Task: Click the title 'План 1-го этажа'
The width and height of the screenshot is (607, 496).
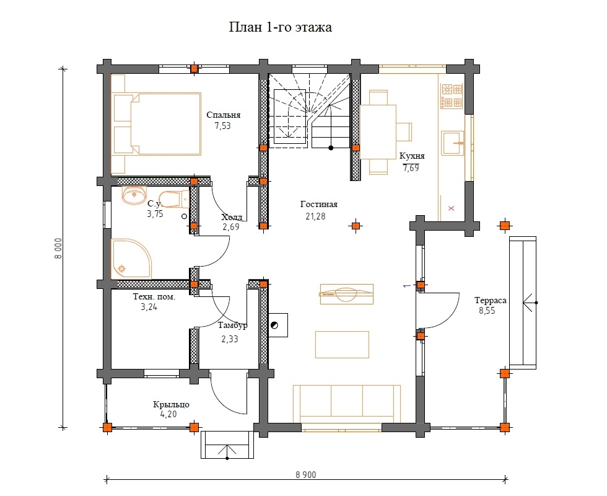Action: (x=280, y=27)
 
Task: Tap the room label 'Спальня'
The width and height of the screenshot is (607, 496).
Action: (x=224, y=115)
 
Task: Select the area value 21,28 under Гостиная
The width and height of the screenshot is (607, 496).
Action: (x=315, y=216)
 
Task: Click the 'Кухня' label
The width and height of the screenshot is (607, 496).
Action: (x=412, y=156)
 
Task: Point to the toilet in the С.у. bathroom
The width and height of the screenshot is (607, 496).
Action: (x=174, y=198)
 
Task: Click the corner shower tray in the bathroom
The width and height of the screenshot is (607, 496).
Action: (x=131, y=259)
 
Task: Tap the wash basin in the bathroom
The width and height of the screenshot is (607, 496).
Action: (x=134, y=195)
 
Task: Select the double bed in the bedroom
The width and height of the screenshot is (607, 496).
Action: (x=156, y=124)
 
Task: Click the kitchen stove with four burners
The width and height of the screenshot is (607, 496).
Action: (x=452, y=95)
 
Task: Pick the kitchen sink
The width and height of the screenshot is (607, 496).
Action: (x=453, y=143)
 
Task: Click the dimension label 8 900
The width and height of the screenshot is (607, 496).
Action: (x=305, y=475)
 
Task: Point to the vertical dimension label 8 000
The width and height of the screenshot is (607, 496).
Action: (x=58, y=248)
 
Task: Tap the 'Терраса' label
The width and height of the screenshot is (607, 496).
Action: (x=490, y=300)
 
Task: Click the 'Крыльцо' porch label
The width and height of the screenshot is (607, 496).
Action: (x=171, y=404)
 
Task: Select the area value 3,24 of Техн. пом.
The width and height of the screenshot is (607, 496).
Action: (x=149, y=308)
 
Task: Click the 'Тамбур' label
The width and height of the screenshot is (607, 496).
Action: (x=232, y=325)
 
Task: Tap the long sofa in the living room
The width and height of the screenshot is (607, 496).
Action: (x=346, y=404)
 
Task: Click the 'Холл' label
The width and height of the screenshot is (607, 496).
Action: (x=232, y=217)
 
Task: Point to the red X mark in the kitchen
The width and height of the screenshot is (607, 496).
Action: (x=451, y=208)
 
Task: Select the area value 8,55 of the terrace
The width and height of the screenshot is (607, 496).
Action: (x=487, y=311)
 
